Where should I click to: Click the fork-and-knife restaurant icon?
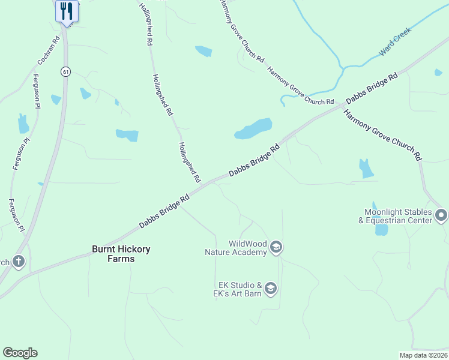click(x=67, y=11)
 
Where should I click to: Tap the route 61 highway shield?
click(x=65, y=72)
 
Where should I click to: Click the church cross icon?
click(x=19, y=262)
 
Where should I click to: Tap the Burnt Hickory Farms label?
click(x=121, y=254)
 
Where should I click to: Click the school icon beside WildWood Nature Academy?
click(x=276, y=247)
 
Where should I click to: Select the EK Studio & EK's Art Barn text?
click(x=239, y=289)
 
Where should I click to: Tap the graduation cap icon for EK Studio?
click(x=271, y=289)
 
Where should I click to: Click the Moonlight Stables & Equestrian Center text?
click(x=398, y=216)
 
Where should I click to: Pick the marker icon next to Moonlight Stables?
click(x=442, y=215)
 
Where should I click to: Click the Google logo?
click(x=20, y=353)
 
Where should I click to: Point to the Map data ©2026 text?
click(x=423, y=355)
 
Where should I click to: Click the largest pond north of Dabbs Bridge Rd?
click(x=253, y=128)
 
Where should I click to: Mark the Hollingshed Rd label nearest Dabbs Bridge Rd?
click(x=188, y=162)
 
